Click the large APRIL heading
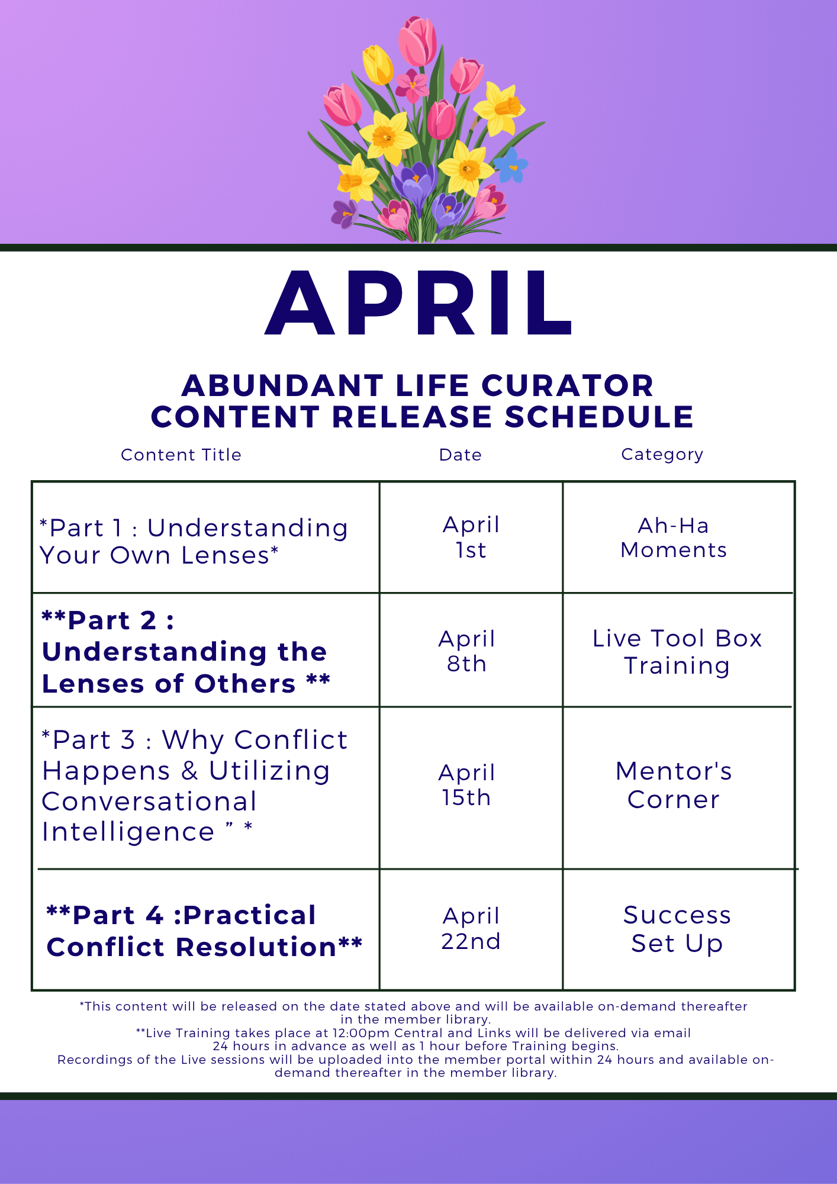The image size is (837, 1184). pyautogui.click(x=418, y=303)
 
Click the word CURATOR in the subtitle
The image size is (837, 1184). pyautogui.click(x=568, y=385)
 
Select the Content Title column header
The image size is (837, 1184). pyautogui.click(x=181, y=455)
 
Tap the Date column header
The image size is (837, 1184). pyautogui.click(x=460, y=455)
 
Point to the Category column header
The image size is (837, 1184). pyautogui.click(x=662, y=454)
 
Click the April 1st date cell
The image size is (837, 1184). pyautogui.click(x=471, y=537)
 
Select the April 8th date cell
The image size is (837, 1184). pyautogui.click(x=466, y=651)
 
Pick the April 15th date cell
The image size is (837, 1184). pyautogui.click(x=466, y=785)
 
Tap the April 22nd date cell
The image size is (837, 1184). pyautogui.click(x=471, y=928)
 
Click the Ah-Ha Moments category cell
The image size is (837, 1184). pyautogui.click(x=674, y=538)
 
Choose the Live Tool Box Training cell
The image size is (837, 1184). pyautogui.click(x=677, y=652)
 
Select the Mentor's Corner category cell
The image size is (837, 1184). pyautogui.click(x=674, y=785)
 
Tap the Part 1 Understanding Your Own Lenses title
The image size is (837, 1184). pyautogui.click(x=194, y=542)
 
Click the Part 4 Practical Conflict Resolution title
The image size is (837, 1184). pyautogui.click(x=204, y=931)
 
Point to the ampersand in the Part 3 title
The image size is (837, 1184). pyautogui.click(x=189, y=770)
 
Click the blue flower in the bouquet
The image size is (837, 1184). pyautogui.click(x=511, y=165)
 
